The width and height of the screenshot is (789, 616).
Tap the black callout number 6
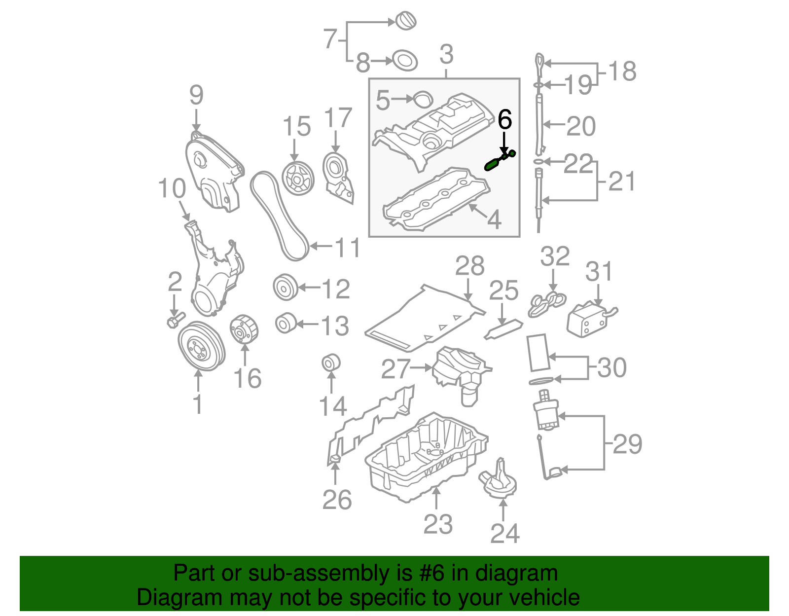(x=504, y=120)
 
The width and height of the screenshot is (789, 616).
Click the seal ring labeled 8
(x=405, y=61)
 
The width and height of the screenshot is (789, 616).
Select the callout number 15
(x=296, y=127)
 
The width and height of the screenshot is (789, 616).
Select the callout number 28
(x=469, y=266)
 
